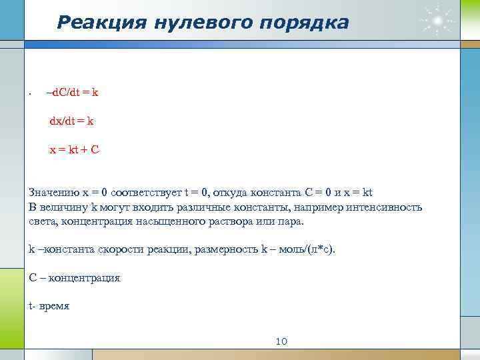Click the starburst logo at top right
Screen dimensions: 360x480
[x=437, y=22]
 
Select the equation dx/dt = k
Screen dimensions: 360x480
[x=71, y=121]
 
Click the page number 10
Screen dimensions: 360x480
[x=281, y=341]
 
